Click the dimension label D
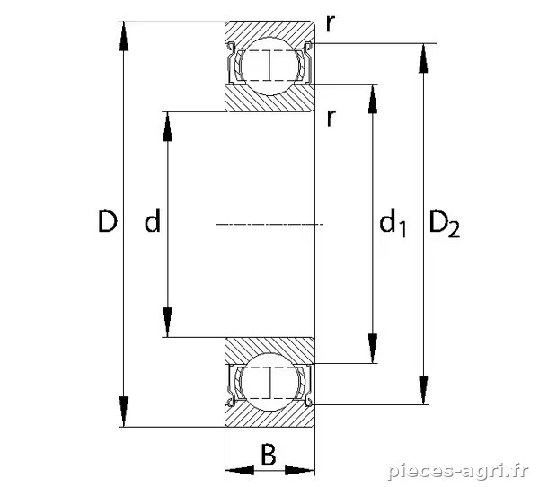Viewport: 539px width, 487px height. coord(108,221)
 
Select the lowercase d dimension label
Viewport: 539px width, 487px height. coord(153,220)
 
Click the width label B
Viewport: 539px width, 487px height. coord(269,455)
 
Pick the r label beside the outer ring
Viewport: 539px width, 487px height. coord(331,23)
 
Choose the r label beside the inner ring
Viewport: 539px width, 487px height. coord(331,118)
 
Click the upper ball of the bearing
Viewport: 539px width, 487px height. coord(269,66)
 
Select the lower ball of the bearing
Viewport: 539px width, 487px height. coord(269,382)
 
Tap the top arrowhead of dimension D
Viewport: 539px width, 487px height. coord(124,37)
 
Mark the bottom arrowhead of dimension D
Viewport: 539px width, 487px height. coord(124,412)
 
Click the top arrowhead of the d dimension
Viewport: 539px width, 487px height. coord(167,127)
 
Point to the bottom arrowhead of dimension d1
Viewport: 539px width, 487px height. coord(373,349)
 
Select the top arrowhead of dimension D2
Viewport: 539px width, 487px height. coord(423,58)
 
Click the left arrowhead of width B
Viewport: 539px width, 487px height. coord(240,470)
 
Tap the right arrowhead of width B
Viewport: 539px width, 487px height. coord(300,470)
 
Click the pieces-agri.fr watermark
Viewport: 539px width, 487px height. coord(457,471)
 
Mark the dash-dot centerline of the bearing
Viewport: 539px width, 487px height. coord(269,225)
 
